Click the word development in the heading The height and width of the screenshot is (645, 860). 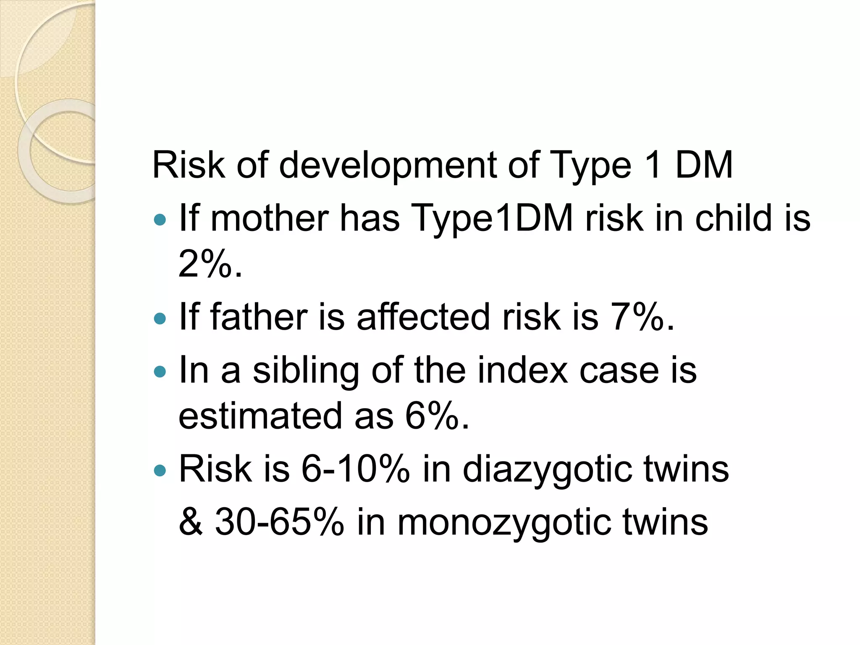tap(388, 165)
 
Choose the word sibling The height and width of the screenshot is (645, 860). tap(306, 371)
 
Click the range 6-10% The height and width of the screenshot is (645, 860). tap(355, 469)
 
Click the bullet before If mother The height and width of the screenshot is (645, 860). tap(160, 219)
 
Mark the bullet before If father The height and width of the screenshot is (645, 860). tap(160, 318)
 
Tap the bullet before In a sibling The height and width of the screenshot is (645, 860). tap(160, 371)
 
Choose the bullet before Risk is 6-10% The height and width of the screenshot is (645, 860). tap(160, 470)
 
